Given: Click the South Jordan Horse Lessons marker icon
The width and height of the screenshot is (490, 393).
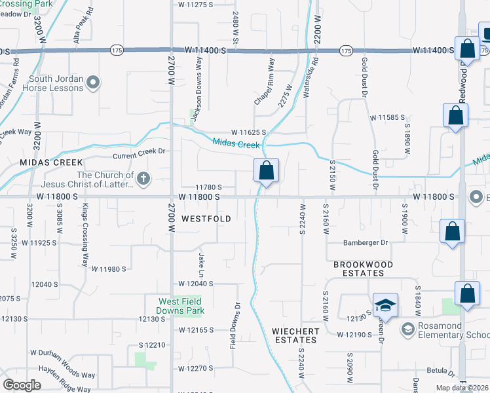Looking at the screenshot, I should point(93,82).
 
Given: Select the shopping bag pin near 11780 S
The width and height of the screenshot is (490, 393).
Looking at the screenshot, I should point(266,172).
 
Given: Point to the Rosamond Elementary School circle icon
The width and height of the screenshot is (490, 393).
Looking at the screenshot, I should point(407,327).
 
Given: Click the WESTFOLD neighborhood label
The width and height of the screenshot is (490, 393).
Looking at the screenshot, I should point(206,219).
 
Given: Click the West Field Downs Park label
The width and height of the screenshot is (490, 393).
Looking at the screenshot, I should point(181,306).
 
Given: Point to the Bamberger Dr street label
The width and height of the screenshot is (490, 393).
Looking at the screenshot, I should point(366,242).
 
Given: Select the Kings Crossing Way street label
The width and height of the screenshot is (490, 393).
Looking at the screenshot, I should point(85,235).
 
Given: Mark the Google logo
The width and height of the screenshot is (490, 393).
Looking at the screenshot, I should point(22,385).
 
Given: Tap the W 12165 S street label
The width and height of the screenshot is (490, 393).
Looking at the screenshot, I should point(196,329).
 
